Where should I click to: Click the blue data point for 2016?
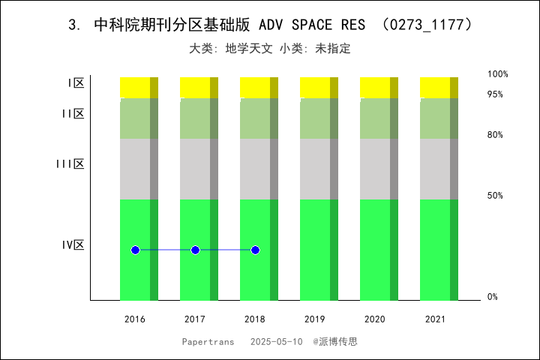tap(135, 250)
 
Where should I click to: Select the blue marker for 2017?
tap(195, 250)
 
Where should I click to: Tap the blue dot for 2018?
tap(255, 250)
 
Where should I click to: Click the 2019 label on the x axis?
tap(315, 319)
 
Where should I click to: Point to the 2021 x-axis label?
tap(435, 319)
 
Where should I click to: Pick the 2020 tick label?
tap(375, 319)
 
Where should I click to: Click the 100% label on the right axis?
tap(498, 74)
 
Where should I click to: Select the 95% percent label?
tap(495, 94)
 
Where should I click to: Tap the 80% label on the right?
tap(495, 135)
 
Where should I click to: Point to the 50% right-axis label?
tap(495, 196)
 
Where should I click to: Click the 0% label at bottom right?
tap(493, 297)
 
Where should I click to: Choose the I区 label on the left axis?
tap(76, 83)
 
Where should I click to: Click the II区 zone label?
tap(73, 113)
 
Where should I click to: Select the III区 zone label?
tap(70, 163)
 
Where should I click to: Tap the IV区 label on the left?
tap(73, 244)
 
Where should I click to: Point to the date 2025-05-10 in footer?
tap(276, 341)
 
